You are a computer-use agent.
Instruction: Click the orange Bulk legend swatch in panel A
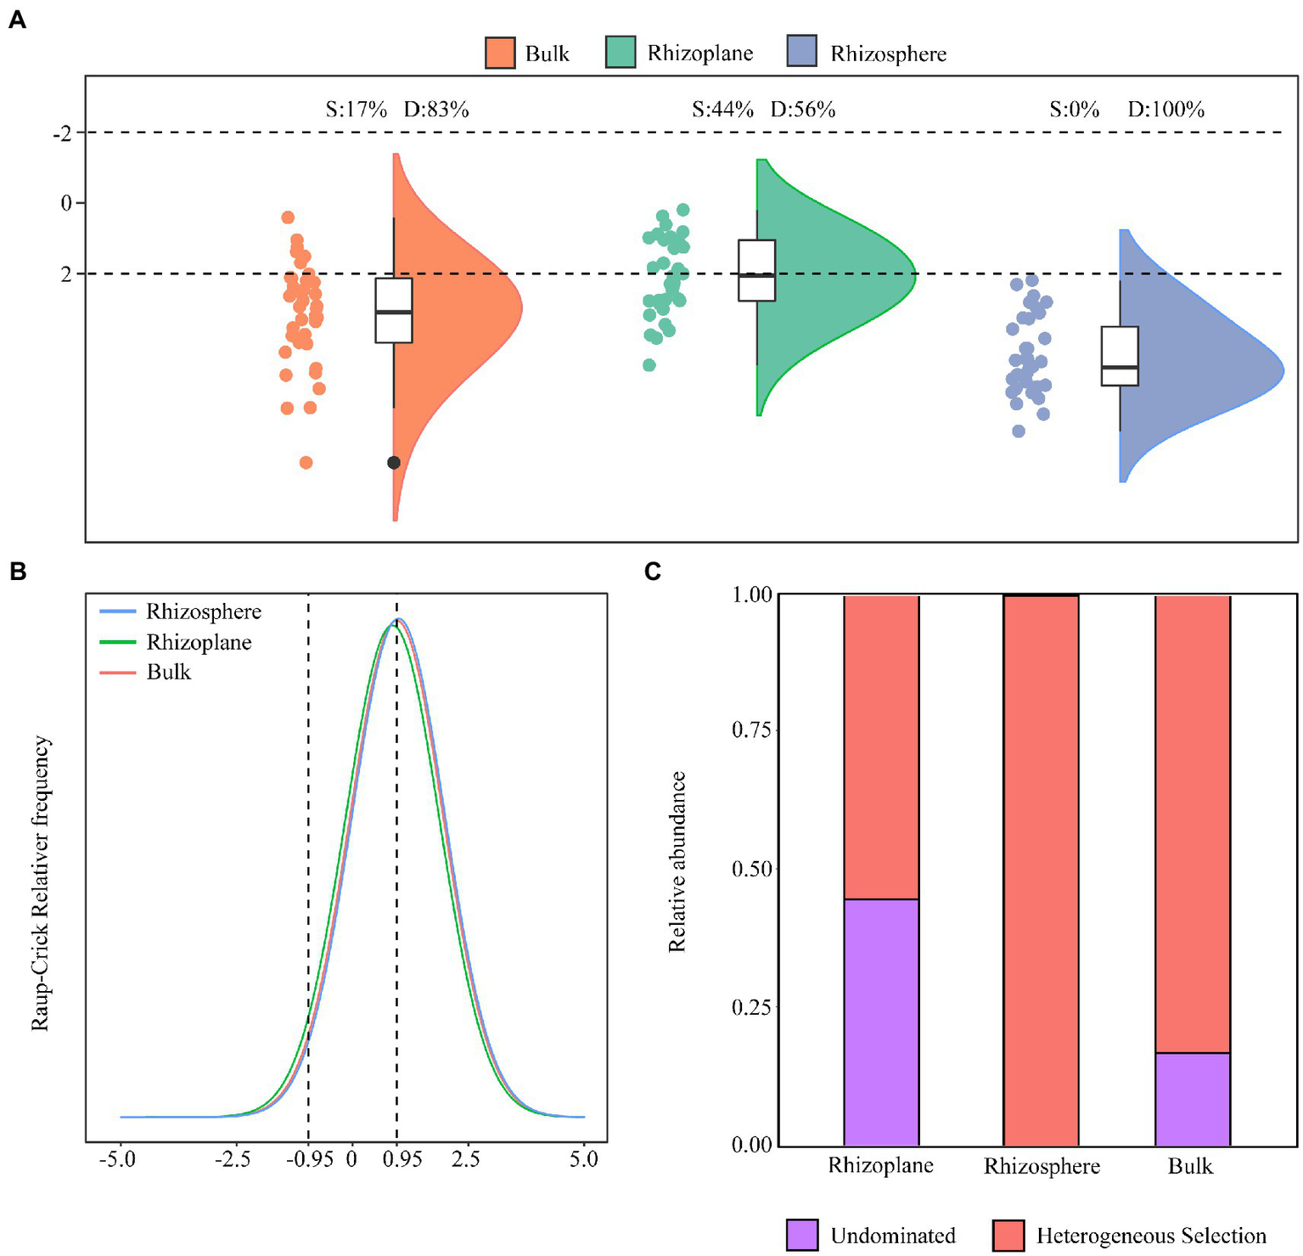pyautogui.click(x=500, y=53)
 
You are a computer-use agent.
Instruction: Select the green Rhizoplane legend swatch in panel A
pyautogui.click(x=621, y=53)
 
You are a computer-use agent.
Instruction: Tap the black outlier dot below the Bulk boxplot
pyautogui.click(x=394, y=463)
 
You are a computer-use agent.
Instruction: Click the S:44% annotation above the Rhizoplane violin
pyautogui.click(x=722, y=110)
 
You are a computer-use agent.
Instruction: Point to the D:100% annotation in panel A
pyautogui.click(x=1165, y=110)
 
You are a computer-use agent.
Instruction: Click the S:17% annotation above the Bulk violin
pyautogui.click(x=357, y=110)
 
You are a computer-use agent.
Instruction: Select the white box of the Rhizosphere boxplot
pyautogui.click(x=1120, y=356)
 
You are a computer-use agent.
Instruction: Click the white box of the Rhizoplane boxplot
pyautogui.click(x=756, y=270)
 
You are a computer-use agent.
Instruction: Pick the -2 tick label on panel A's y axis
pyautogui.click(x=63, y=133)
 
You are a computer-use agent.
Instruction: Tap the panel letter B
pyautogui.click(x=17, y=572)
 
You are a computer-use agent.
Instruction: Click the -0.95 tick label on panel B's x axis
pyautogui.click(x=308, y=1159)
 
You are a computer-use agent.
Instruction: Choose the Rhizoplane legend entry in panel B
pyautogui.click(x=198, y=642)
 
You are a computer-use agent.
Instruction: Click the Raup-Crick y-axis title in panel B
pyautogui.click(x=41, y=883)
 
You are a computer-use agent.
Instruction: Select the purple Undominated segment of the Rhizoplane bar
pyautogui.click(x=881, y=1022)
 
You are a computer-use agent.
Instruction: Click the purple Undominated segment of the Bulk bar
pyautogui.click(x=1192, y=1099)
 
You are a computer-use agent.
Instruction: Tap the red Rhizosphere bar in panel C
pyautogui.click(x=1041, y=870)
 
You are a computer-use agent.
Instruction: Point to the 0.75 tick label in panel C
pyautogui.click(x=751, y=730)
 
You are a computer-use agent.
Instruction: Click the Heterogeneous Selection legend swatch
pyautogui.click(x=1008, y=1235)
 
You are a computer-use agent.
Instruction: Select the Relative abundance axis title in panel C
pyautogui.click(x=677, y=861)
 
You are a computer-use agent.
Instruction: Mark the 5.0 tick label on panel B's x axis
pyautogui.click(x=583, y=1159)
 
